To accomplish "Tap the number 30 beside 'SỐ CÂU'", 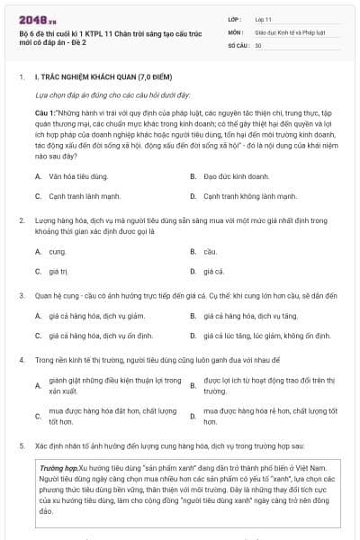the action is [x=258, y=44].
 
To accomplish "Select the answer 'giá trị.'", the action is [x=60, y=271].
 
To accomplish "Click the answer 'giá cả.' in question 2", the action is [x=213, y=271].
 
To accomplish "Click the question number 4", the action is [x=21, y=360].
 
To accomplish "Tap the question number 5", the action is [x=21, y=446].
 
